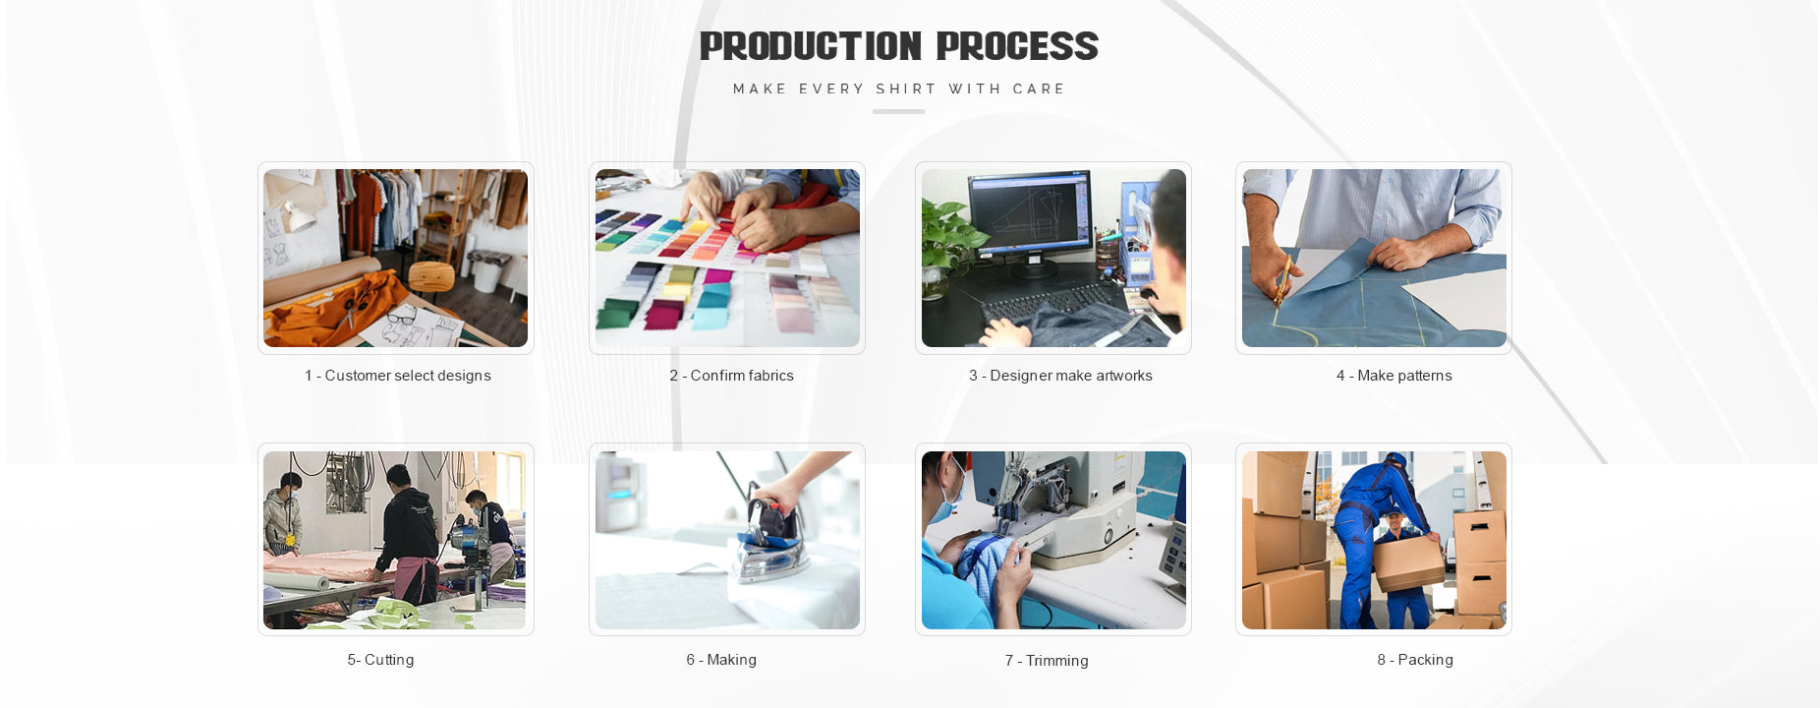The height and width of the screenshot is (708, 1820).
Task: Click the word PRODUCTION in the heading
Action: tap(811, 46)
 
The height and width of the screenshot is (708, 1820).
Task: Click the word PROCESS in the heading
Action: tap(1017, 46)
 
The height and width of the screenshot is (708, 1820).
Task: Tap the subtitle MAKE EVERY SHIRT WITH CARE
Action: tap(899, 88)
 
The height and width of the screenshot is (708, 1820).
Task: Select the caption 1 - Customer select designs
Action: tap(397, 376)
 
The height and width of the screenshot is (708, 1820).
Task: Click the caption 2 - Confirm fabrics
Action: tap(731, 376)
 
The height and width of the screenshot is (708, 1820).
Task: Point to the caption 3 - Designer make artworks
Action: tap(1060, 376)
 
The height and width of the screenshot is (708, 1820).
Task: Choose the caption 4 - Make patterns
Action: tap(1393, 376)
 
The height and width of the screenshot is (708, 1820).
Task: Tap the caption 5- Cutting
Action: tap(380, 660)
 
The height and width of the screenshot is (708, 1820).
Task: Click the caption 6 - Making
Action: tap(721, 660)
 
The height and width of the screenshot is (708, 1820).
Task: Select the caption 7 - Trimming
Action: tap(1047, 661)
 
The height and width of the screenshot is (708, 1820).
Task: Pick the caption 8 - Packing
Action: tap(1415, 660)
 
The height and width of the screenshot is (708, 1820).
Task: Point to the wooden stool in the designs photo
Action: tap(429, 280)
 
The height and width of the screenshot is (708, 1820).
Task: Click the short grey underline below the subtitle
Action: tap(898, 111)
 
